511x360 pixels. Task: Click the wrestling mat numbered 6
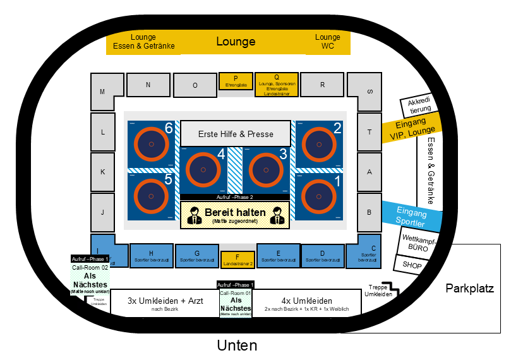pyautogui.click(x=152, y=145)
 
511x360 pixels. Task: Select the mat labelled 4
pyautogui.click(x=203, y=170)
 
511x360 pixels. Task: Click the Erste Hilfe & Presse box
pyautogui.click(x=236, y=134)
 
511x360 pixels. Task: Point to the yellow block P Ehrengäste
pyautogui.click(x=235, y=81)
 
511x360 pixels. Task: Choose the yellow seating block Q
pyautogui.click(x=276, y=84)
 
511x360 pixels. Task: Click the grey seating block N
pyautogui.click(x=148, y=85)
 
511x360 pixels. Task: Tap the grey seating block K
pyautogui.click(x=103, y=171)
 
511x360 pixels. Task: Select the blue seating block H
pyautogui.click(x=151, y=255)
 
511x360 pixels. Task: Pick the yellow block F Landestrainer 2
pyautogui.click(x=237, y=259)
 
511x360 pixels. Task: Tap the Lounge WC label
pyautogui.click(x=327, y=42)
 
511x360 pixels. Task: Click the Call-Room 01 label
pyautogui.click(x=235, y=294)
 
